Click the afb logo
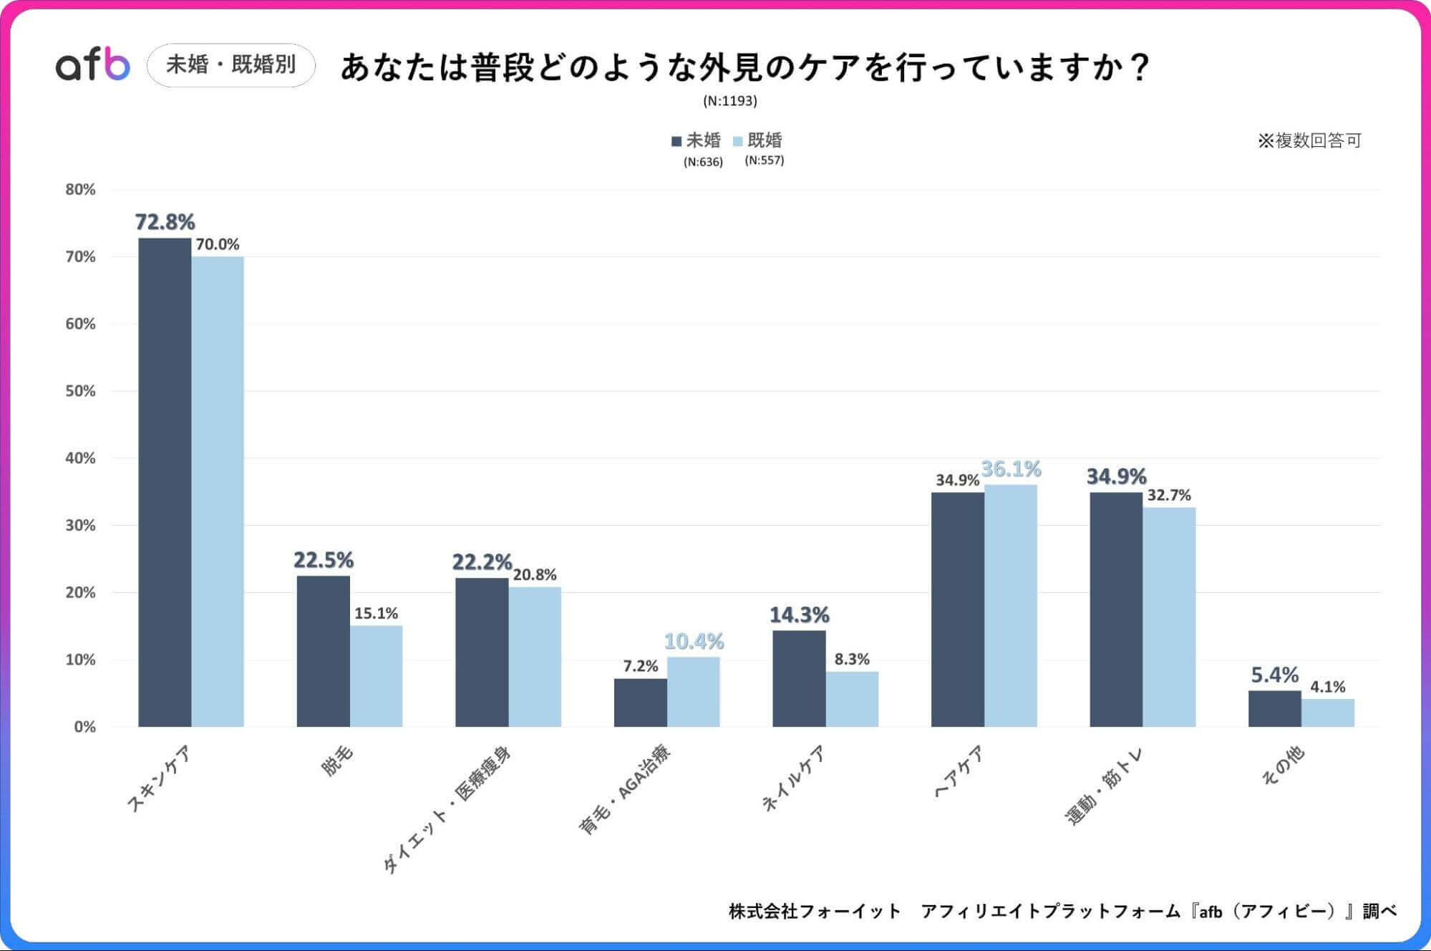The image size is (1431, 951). pyautogui.click(x=93, y=64)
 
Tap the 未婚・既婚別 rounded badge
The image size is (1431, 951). pyautogui.click(x=231, y=65)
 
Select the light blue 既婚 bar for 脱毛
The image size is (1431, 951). pyautogui.click(x=376, y=676)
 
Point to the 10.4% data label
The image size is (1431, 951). pyautogui.click(x=693, y=641)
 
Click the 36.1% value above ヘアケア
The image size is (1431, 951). pyautogui.click(x=1010, y=469)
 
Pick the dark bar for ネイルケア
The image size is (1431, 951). pyautogui.click(x=799, y=678)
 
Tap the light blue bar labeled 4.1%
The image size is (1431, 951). pyautogui.click(x=1327, y=713)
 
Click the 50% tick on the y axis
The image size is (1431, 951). pyautogui.click(x=80, y=391)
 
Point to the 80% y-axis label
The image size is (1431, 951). pyautogui.click(x=80, y=190)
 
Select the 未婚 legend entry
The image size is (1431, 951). pyautogui.click(x=697, y=140)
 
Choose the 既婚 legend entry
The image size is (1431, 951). pyautogui.click(x=758, y=140)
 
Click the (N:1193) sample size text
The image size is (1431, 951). pyautogui.click(x=729, y=101)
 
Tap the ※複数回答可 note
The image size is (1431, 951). pyautogui.click(x=1309, y=140)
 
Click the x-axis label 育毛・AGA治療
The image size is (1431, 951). pyautogui.click(x=624, y=789)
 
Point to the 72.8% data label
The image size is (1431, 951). pyautogui.click(x=165, y=222)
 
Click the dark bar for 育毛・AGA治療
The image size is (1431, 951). pyautogui.click(x=640, y=703)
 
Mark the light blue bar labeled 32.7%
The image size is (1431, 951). pyautogui.click(x=1168, y=617)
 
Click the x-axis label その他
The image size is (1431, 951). pyautogui.click(x=1282, y=766)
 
